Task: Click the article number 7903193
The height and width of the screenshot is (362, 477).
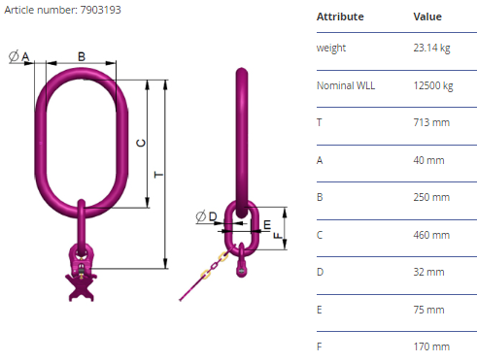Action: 100,10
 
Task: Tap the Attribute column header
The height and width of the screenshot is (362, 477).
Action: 340,16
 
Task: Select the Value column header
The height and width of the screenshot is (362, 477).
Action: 427,16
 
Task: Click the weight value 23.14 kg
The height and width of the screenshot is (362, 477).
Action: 431,48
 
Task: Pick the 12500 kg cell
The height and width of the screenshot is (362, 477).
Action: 433,85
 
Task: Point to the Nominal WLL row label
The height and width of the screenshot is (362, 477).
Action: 346,85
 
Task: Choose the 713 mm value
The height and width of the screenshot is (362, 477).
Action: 431,122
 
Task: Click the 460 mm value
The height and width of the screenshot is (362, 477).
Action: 431,235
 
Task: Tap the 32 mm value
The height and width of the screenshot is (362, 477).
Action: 428,272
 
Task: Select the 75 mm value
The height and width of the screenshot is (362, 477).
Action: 428,310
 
